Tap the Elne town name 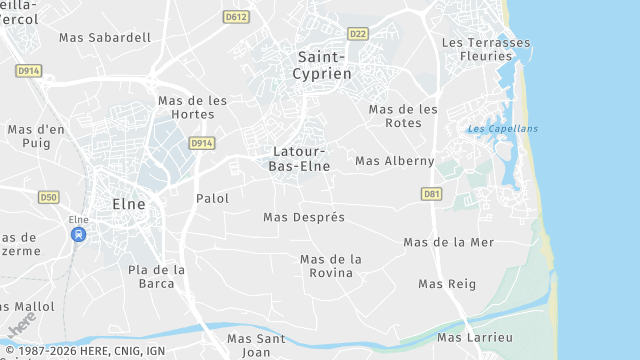click(x=129, y=203)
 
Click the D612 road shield click(x=237, y=16)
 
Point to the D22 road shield click(x=358, y=33)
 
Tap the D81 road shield click(x=431, y=193)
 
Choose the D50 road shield click(x=49, y=197)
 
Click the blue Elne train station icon click(x=78, y=234)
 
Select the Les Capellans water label click(x=502, y=129)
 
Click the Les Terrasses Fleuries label click(x=486, y=50)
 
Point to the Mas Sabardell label click(x=105, y=37)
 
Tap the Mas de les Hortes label click(x=193, y=107)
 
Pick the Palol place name click(x=213, y=198)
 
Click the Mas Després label click(x=304, y=217)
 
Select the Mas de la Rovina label click(x=331, y=265)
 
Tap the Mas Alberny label click(x=395, y=160)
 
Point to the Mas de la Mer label click(x=449, y=242)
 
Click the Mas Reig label click(x=447, y=283)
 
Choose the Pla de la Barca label click(x=157, y=275)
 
